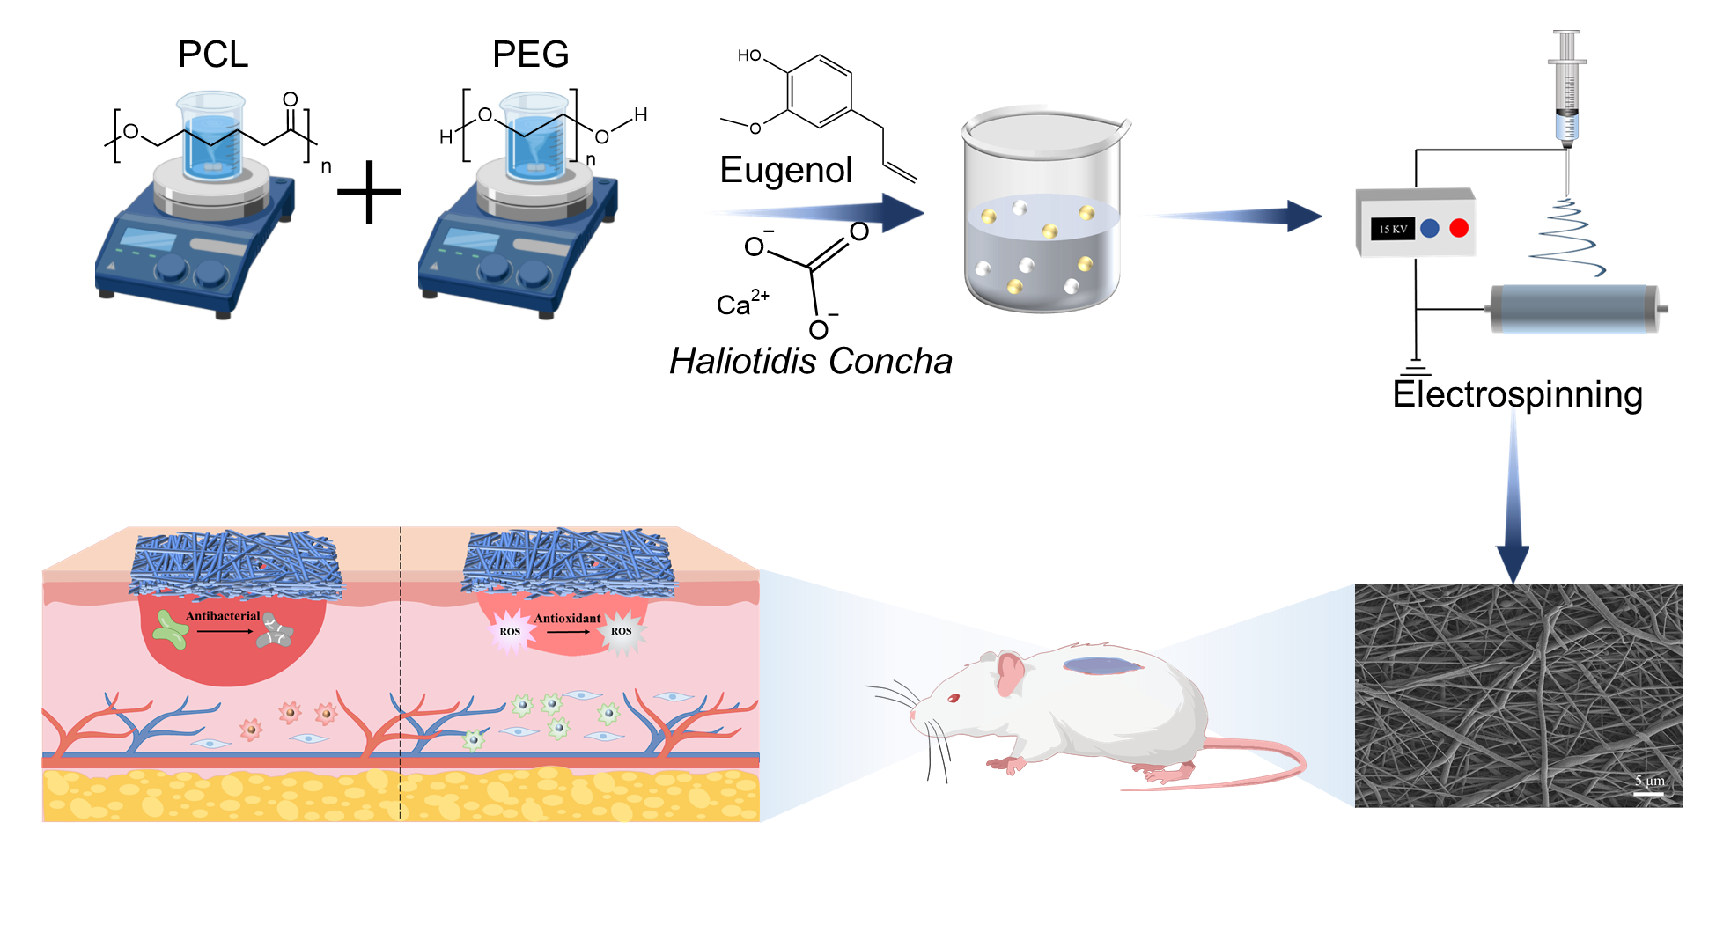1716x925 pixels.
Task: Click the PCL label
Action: [213, 55]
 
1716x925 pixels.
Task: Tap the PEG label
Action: [530, 55]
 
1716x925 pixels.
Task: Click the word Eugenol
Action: [785, 170]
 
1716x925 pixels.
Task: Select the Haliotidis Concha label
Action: [810, 361]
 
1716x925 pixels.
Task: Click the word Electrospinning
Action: [1517, 394]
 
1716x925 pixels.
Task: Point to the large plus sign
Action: [369, 192]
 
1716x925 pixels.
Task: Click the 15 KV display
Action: [1392, 229]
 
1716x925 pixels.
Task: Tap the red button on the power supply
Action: [1459, 228]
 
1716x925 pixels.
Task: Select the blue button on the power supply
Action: [1430, 228]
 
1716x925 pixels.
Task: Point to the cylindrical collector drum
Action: [1573, 308]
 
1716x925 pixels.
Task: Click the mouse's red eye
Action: [954, 698]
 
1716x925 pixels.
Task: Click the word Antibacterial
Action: [223, 616]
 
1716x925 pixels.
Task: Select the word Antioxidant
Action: [567, 618]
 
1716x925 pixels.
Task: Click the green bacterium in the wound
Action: [170, 630]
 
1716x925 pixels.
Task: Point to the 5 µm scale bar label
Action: [1649, 781]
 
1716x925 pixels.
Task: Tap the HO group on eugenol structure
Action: [749, 55]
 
